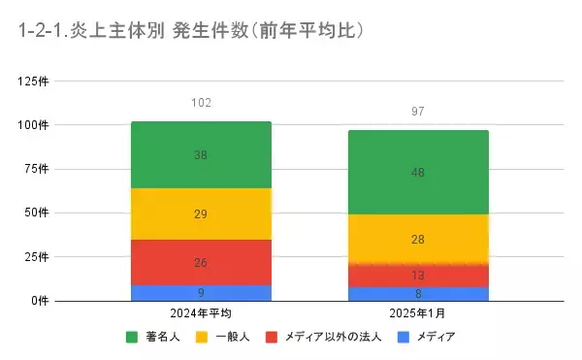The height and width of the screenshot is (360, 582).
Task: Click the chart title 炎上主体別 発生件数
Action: coord(190,31)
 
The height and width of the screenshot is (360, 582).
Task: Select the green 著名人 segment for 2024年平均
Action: coord(201,155)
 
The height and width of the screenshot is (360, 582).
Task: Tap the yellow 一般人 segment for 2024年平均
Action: coord(201,213)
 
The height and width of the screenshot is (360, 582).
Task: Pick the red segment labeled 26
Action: coord(201,262)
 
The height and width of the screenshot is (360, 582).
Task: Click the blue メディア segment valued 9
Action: coord(201,292)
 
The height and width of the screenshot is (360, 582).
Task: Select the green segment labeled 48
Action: coord(418,172)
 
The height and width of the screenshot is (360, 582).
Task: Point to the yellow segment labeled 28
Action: coord(418,239)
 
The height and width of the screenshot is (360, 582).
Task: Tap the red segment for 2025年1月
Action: coord(418,275)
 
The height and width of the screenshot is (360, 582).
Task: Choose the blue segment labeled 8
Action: coord(418,293)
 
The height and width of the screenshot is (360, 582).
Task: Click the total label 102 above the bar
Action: coord(201,103)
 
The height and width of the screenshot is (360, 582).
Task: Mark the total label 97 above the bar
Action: coord(418,113)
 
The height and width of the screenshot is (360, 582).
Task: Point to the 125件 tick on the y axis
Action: coord(35,81)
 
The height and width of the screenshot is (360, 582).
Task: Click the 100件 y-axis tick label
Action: coord(35,125)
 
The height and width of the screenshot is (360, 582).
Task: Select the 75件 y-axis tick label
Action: coord(38,169)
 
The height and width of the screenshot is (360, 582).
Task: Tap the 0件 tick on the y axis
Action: coord(41,301)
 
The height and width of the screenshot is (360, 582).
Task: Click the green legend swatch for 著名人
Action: coord(132,337)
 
